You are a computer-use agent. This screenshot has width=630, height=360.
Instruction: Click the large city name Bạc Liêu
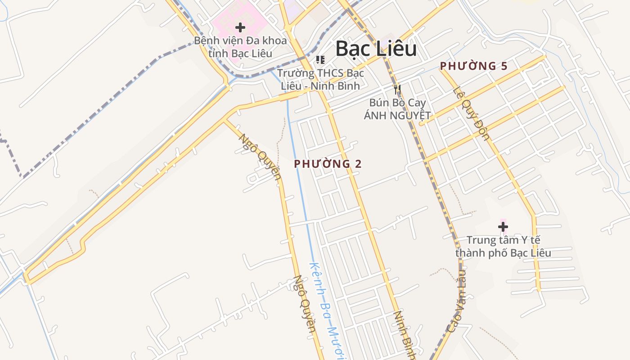(376, 49)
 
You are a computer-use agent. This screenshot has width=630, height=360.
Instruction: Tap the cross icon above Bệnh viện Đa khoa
(240, 27)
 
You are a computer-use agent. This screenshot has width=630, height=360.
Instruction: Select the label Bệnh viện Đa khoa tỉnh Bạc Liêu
(240, 47)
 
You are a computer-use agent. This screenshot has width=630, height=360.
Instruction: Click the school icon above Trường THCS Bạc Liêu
(320, 60)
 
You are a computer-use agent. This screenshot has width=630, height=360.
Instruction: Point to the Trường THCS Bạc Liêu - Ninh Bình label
(320, 79)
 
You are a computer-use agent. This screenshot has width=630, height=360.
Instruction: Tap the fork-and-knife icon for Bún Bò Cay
(397, 89)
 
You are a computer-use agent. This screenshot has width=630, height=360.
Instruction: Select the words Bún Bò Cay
(397, 103)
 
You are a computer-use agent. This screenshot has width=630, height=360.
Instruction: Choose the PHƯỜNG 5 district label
(473, 66)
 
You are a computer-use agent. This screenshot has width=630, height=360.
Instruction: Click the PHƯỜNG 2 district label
(328, 164)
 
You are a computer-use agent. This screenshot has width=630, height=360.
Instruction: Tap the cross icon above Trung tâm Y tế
(503, 226)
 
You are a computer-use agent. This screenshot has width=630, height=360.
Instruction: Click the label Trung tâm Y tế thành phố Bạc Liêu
(503, 246)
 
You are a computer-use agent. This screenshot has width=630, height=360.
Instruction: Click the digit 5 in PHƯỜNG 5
(504, 66)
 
